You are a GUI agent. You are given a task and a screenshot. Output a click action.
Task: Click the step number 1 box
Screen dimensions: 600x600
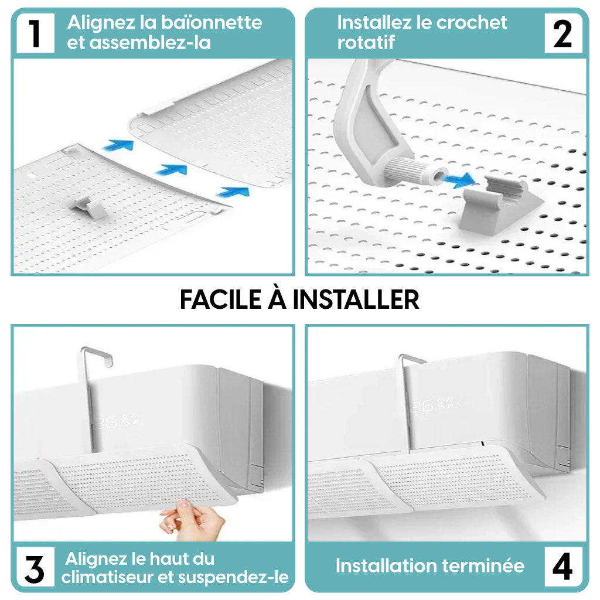click(35, 33)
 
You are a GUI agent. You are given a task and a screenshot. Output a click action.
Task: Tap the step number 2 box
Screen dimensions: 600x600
click(563, 33)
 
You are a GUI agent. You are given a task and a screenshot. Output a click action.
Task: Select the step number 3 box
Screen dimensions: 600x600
click(35, 567)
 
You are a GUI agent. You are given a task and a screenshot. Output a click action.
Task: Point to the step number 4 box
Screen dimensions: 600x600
click(563, 567)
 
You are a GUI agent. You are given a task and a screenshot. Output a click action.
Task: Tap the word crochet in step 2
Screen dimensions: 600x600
click(472, 23)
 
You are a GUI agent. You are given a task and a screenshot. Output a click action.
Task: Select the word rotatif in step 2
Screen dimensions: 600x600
click(366, 42)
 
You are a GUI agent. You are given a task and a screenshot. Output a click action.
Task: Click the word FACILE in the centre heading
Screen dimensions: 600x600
click(221, 299)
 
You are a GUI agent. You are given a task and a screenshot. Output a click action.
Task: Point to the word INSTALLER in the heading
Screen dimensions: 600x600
click(356, 299)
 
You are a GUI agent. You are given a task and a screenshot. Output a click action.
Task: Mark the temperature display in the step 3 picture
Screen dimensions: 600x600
click(116, 421)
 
